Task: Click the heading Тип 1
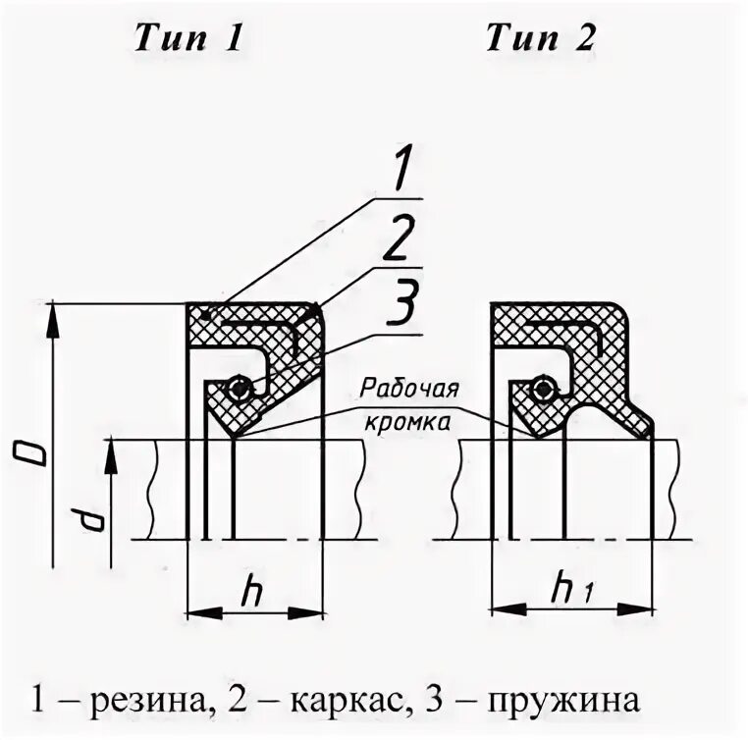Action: coord(187,39)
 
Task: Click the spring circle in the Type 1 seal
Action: coord(238,391)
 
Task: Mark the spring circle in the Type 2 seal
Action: coord(541,391)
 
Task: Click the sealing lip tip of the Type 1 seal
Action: coord(236,435)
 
